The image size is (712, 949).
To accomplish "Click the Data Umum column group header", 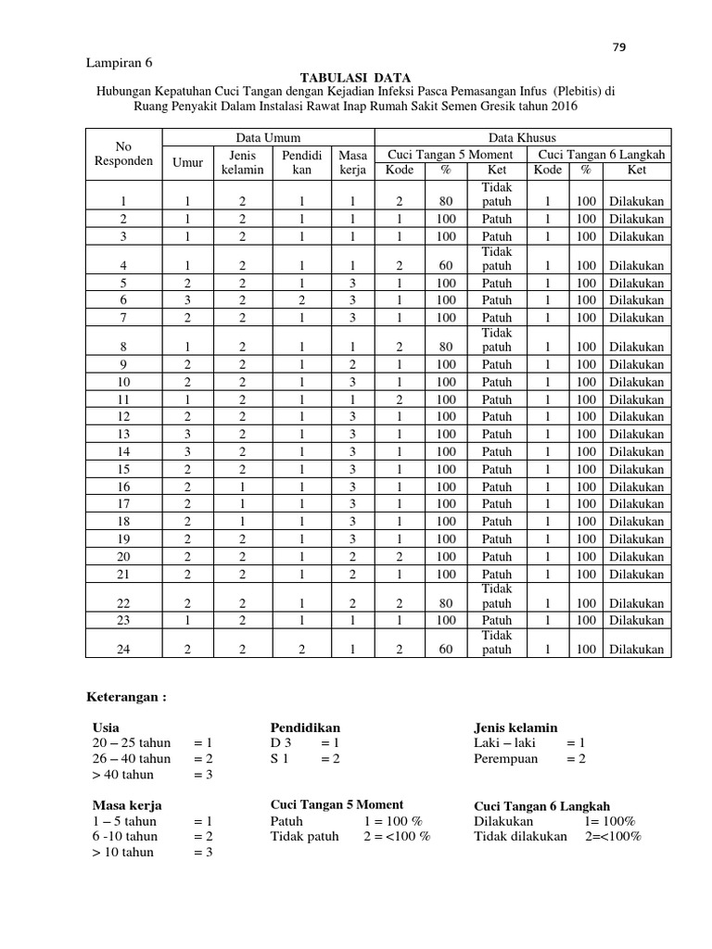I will tap(267, 137).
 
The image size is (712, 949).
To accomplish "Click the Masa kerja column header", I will tap(352, 162).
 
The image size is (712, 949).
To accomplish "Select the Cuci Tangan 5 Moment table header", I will tap(450, 154).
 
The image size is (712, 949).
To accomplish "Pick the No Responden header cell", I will tap(123, 154).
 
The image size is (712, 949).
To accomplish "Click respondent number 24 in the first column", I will tap(123, 650).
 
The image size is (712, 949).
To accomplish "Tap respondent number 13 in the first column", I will tap(123, 434).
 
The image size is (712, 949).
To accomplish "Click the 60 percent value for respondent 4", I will tap(446, 266).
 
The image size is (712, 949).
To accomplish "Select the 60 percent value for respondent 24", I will tap(446, 650).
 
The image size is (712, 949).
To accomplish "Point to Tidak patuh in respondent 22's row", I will tap(496, 596).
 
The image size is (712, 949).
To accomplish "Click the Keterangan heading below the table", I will tap(125, 696).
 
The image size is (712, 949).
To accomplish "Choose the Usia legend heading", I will tap(107, 728).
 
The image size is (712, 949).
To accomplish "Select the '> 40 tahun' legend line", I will tap(123, 775).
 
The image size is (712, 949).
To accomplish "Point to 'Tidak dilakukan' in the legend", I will tap(519, 836).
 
